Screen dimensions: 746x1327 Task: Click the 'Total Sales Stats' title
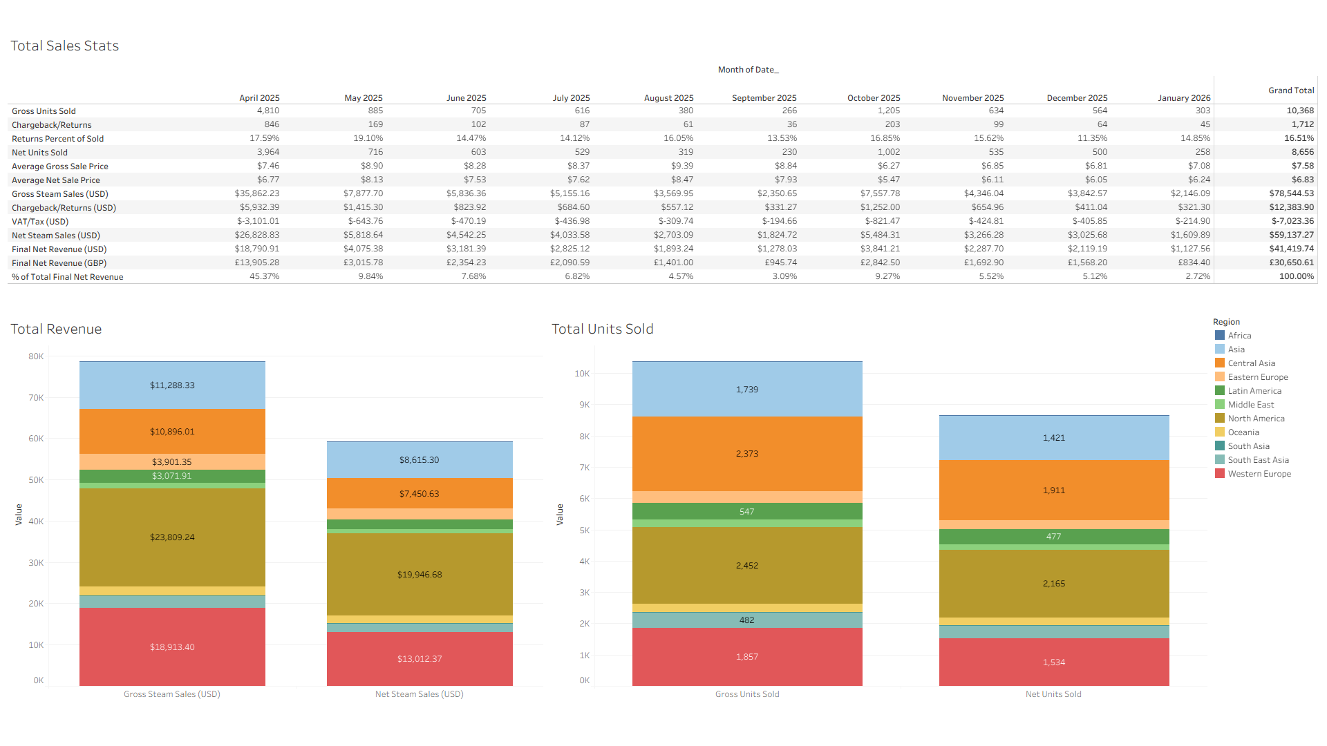pos(64,46)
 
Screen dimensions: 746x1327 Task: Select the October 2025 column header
pos(874,98)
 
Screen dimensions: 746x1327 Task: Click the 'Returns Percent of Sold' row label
pos(57,139)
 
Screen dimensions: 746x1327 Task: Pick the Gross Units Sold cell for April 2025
pos(268,111)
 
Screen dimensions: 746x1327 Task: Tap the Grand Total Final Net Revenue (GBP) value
pos(1291,262)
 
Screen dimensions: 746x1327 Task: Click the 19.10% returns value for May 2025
pos(368,138)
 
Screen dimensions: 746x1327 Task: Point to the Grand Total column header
pos(1290,90)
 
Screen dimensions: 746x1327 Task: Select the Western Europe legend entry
pos(1259,474)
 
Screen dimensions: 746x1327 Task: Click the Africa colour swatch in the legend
pos(1220,336)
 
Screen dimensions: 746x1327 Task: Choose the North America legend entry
pos(1256,419)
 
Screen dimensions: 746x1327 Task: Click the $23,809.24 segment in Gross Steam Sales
pos(172,537)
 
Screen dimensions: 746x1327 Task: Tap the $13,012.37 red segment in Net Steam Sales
pos(420,659)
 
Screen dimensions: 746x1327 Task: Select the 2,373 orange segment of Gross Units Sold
pos(747,454)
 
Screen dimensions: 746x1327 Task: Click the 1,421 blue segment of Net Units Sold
pos(1054,438)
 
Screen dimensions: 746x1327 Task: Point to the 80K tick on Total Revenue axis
pos(36,356)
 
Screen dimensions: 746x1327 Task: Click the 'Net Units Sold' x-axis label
pos(1053,694)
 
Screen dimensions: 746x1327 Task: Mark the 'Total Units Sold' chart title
pos(602,329)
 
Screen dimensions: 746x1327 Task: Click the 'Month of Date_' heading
pos(748,70)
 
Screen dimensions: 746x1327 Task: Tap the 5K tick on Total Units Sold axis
pos(584,530)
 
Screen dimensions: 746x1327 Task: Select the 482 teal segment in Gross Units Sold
pos(747,620)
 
